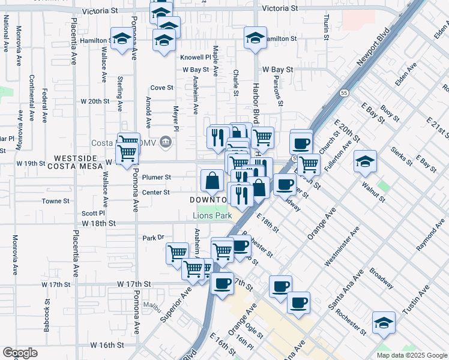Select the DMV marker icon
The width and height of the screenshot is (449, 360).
[x=166, y=142]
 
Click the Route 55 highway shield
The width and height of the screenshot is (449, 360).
[x=343, y=93]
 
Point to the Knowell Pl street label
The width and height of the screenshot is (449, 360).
[x=196, y=58]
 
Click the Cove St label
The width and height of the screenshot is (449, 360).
[x=161, y=87]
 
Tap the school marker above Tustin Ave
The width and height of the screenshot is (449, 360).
[x=384, y=323]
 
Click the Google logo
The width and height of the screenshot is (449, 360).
[x=20, y=353]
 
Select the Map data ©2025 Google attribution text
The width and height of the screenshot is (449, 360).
[x=411, y=355]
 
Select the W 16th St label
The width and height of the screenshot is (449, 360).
[x=107, y=345]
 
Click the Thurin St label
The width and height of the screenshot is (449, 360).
[x=327, y=26]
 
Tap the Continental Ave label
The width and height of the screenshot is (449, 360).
[x=31, y=98]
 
